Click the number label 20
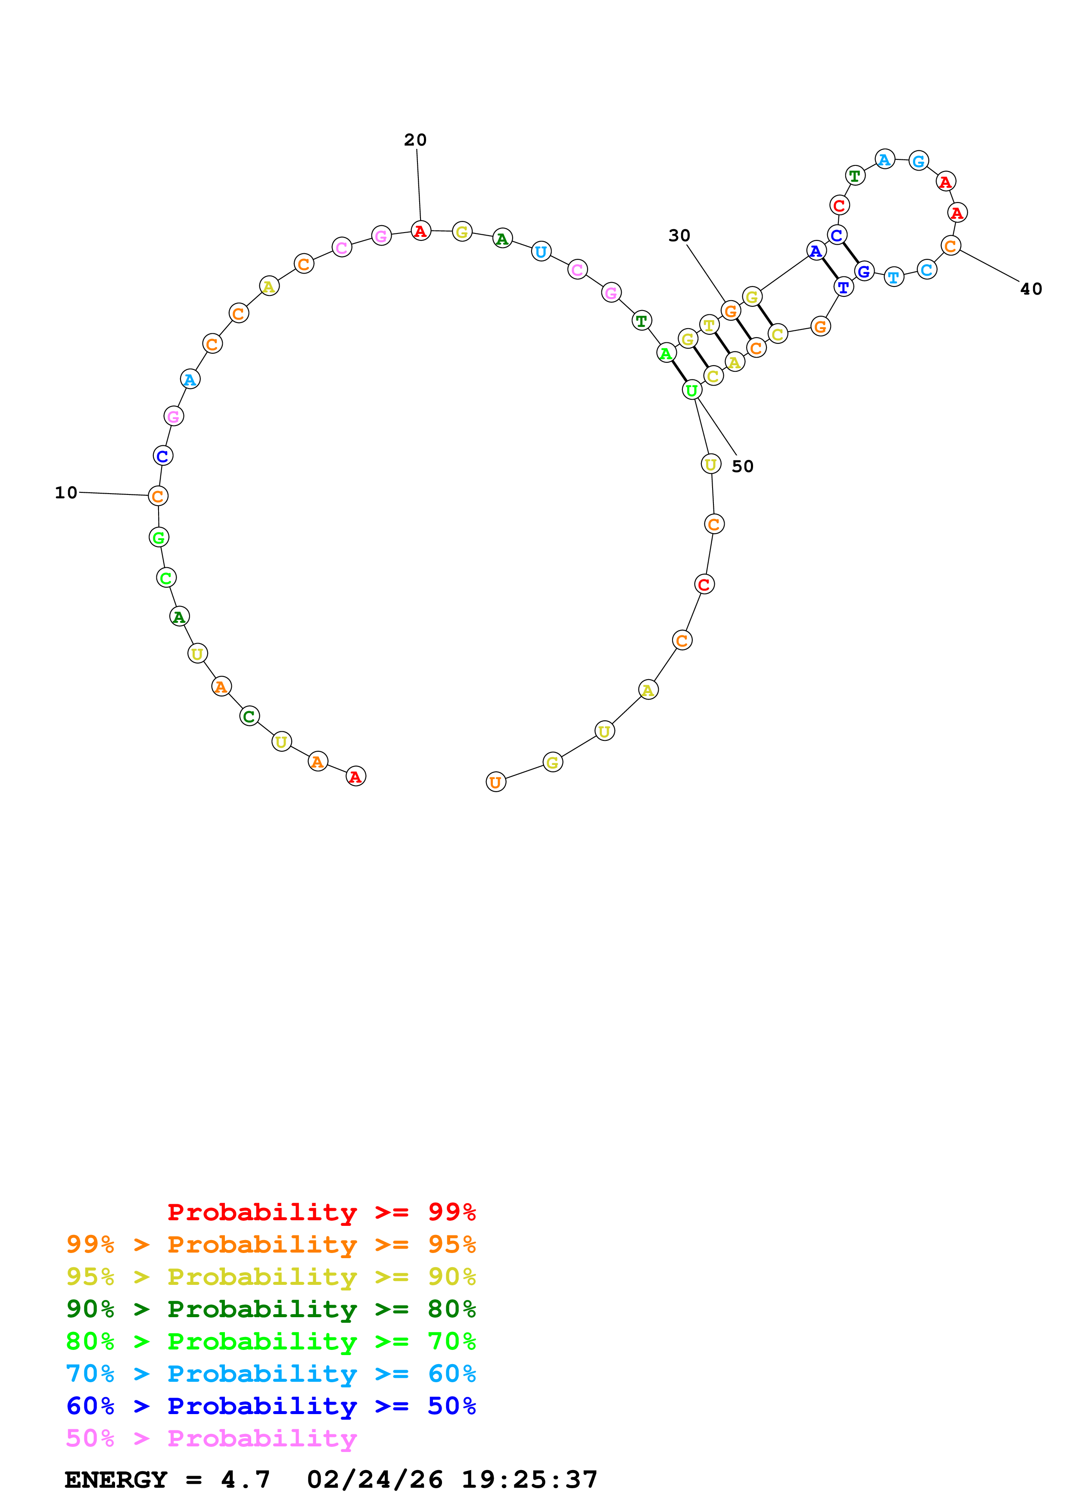pos(415,140)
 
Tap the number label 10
pos(66,492)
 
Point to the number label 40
pos(1031,289)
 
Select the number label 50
pos(742,466)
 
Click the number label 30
pos(679,236)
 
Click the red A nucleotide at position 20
pos(420,231)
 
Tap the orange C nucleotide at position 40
pos(950,246)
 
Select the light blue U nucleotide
pos(541,252)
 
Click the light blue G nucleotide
pos(919,161)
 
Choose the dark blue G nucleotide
pos(864,271)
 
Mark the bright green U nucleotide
pos(691,390)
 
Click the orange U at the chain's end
pos(495,783)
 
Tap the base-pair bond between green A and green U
pos(679,371)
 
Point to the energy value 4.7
pos(246,1480)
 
